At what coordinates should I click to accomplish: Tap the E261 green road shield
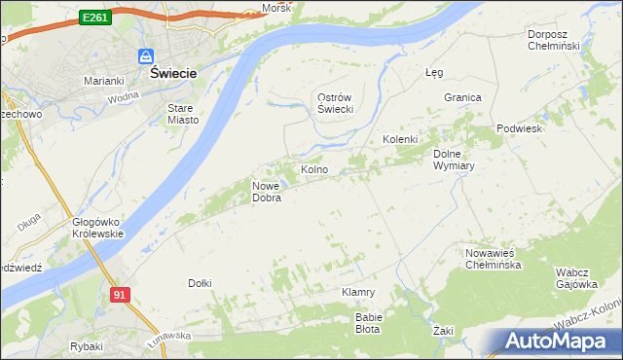(94, 18)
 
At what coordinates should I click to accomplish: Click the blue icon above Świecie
(145, 56)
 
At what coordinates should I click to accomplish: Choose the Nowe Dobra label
(267, 192)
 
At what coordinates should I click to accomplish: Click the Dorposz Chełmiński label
(553, 40)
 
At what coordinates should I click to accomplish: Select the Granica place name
(463, 98)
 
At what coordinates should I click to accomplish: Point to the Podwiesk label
(519, 128)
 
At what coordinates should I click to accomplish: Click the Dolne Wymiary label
(453, 159)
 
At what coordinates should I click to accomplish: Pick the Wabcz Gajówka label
(576, 278)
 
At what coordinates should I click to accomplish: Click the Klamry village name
(358, 292)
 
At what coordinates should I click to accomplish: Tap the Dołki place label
(200, 283)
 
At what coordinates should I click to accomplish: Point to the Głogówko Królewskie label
(97, 228)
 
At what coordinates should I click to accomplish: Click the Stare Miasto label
(183, 114)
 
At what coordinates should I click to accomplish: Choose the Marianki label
(103, 80)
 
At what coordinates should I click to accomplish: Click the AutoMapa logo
(558, 341)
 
